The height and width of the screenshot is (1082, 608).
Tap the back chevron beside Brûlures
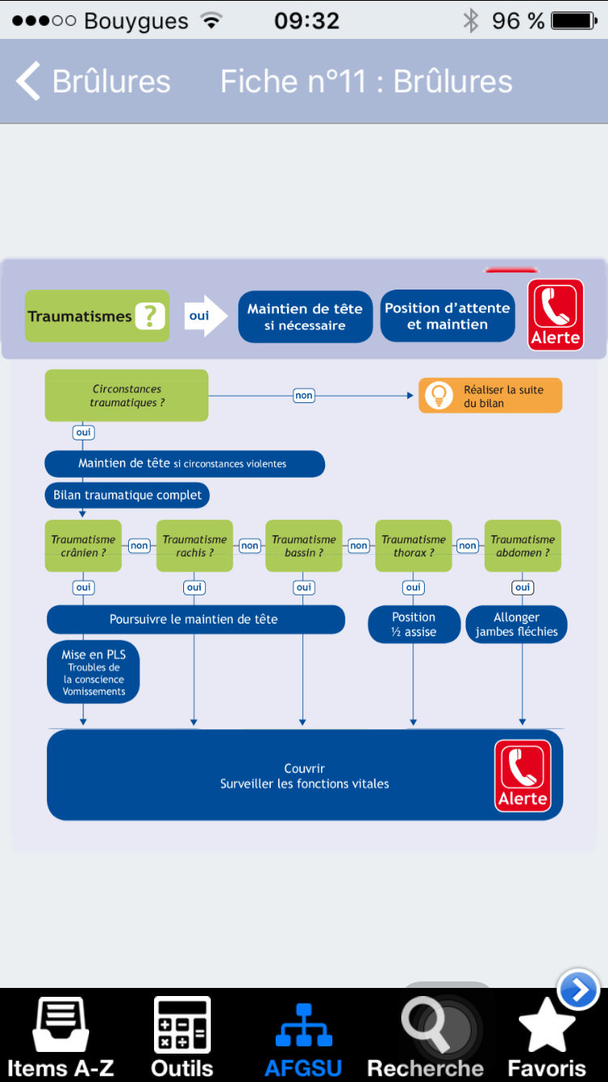click(x=28, y=81)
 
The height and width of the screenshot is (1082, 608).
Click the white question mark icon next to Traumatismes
click(x=150, y=316)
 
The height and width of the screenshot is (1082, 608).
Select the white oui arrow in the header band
click(x=206, y=316)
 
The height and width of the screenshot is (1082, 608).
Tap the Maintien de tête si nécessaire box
click(x=305, y=317)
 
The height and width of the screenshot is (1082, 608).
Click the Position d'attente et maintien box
click(x=447, y=316)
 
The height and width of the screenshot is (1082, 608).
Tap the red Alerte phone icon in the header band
click(x=556, y=315)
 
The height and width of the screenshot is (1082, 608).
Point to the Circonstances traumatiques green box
click(x=126, y=396)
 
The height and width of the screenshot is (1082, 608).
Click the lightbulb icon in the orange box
click(x=439, y=396)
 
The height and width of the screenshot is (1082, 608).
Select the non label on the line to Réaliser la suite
click(x=304, y=396)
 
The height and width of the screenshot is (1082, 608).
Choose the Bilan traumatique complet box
click(x=127, y=495)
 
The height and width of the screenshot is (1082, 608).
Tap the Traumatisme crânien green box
click(x=83, y=546)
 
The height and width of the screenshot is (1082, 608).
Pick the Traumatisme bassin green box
click(x=304, y=546)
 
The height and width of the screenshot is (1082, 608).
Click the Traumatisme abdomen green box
click(x=523, y=546)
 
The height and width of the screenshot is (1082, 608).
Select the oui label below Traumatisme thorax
click(x=413, y=587)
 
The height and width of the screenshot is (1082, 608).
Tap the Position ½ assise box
click(x=414, y=625)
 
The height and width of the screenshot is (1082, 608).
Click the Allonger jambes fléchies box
click(x=516, y=625)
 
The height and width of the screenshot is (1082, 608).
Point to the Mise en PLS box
click(x=93, y=672)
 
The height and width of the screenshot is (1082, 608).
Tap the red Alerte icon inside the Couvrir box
click(x=523, y=775)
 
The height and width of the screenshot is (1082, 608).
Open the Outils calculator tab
click(x=182, y=1038)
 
